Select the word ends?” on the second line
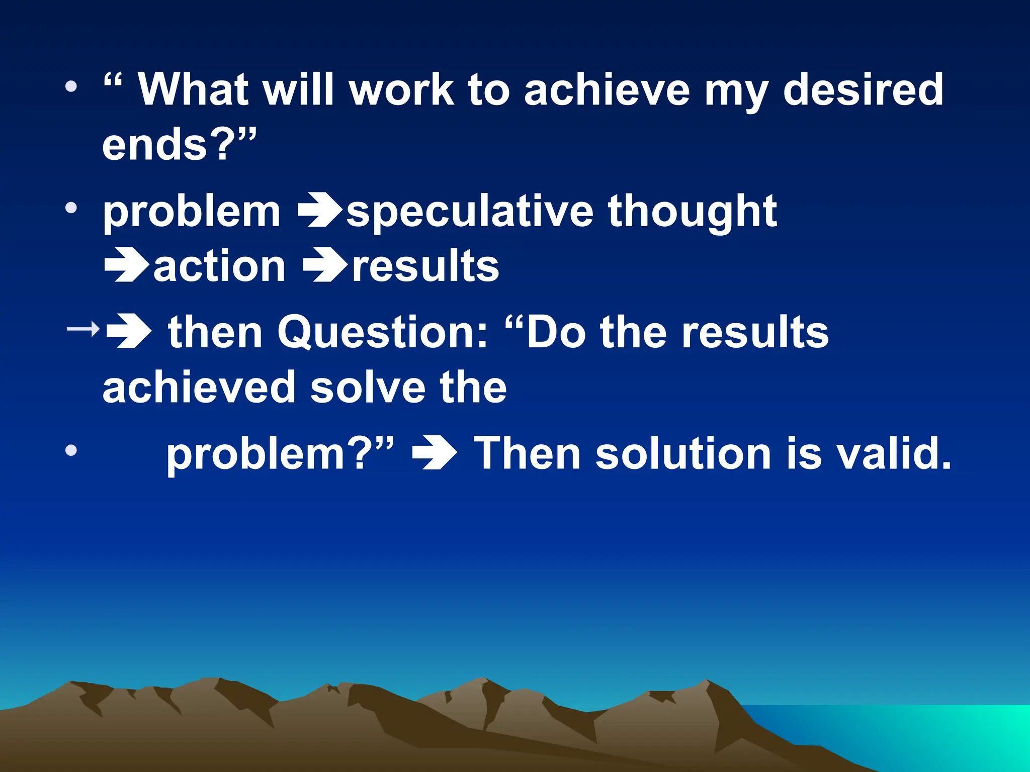coord(179,145)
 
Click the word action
coord(219,266)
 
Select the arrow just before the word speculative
coord(320,211)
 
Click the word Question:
coord(382,333)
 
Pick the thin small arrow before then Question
coord(83,330)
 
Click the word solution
coord(683,453)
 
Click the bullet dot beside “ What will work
coord(71,87)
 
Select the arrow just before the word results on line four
coord(325,266)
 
